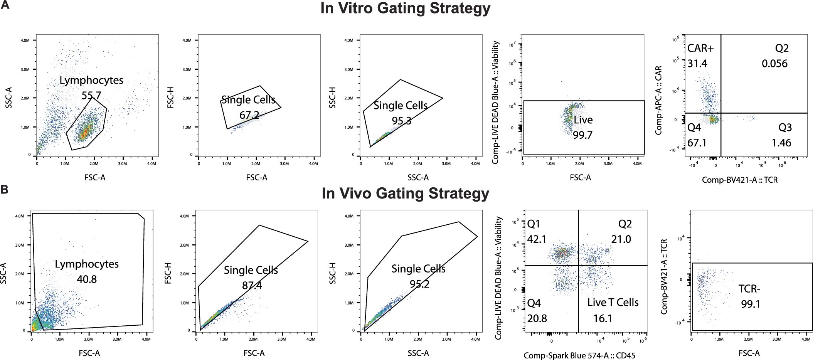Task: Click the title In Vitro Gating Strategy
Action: click(x=406, y=8)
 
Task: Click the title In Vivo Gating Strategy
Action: click(x=406, y=193)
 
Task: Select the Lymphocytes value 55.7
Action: click(x=91, y=95)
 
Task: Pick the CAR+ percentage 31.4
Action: click(x=697, y=64)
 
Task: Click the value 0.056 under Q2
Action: click(x=774, y=64)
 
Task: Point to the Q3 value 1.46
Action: click(x=781, y=143)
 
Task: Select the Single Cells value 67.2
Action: click(x=248, y=115)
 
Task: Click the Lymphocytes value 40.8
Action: click(x=86, y=279)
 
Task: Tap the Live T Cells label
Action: click(x=613, y=303)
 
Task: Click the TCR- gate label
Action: click(x=749, y=289)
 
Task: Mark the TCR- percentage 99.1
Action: click(x=750, y=304)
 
